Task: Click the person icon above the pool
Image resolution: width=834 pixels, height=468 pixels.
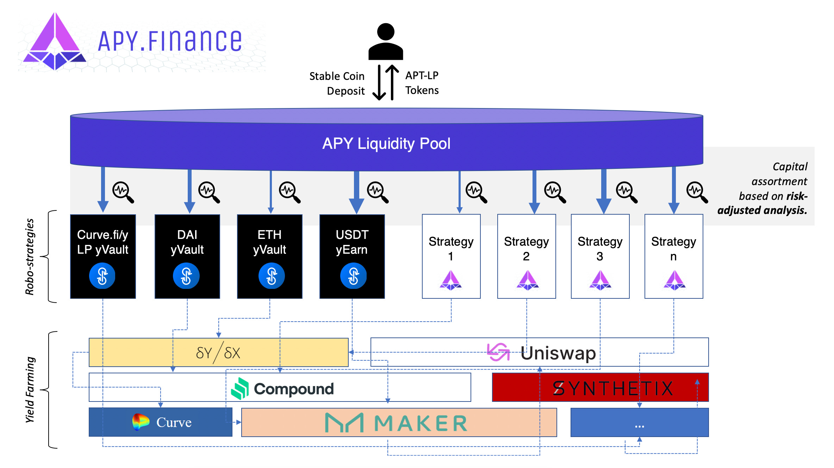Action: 386,42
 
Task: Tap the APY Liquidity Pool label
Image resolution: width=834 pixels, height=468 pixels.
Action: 386,144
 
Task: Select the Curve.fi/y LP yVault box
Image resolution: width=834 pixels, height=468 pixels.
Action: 103,256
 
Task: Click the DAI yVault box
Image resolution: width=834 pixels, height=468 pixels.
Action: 187,256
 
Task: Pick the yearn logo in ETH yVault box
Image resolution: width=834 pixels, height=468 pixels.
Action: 271,276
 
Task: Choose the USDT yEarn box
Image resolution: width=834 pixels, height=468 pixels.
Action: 352,256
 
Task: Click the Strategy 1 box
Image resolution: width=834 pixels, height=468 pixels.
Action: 451,256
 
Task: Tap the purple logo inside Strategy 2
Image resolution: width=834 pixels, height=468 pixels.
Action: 527,280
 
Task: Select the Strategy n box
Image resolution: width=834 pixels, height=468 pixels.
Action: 673,256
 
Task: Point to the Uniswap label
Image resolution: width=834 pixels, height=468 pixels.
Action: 558,353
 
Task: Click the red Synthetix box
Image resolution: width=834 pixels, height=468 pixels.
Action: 600,387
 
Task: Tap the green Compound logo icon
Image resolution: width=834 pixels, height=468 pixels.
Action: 240,388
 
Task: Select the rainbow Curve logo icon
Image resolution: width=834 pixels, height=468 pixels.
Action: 141,422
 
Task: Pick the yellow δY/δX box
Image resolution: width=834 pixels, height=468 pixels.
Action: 218,352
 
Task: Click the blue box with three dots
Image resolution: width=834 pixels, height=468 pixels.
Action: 639,422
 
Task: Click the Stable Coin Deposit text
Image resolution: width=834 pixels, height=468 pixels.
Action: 337,83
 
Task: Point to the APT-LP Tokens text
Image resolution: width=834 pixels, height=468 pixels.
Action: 422,83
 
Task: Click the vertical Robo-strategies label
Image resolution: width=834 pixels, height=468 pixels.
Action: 30,257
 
